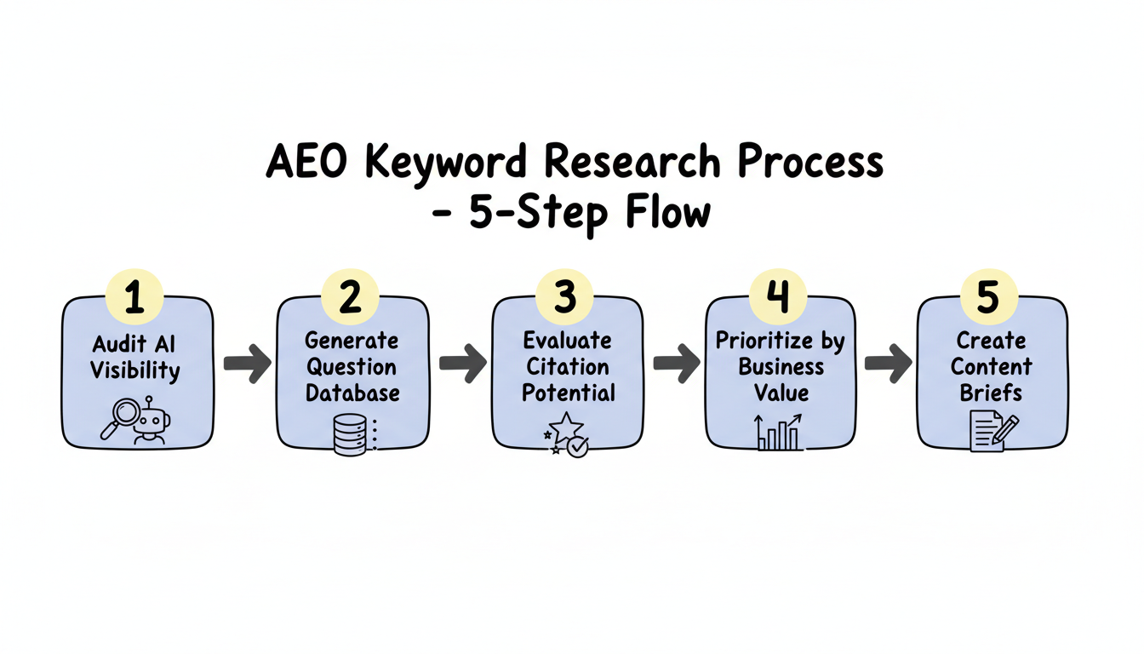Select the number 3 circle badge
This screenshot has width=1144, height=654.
[565, 297]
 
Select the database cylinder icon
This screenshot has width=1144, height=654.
[349, 434]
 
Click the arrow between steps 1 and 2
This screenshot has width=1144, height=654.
[246, 364]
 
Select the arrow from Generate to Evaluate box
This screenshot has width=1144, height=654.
[461, 364]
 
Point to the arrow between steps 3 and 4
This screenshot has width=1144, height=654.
[675, 364]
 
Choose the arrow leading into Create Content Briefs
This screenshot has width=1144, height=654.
[888, 364]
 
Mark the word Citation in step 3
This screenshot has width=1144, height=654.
[566, 367]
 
